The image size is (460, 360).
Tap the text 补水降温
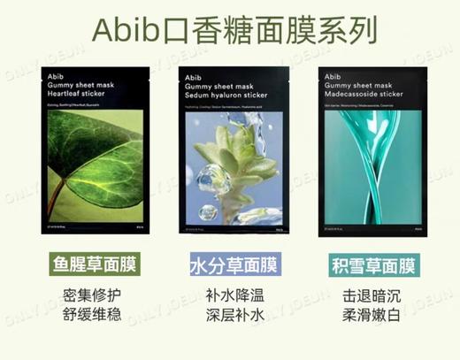(x=233, y=295)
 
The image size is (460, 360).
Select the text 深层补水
(x=233, y=316)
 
